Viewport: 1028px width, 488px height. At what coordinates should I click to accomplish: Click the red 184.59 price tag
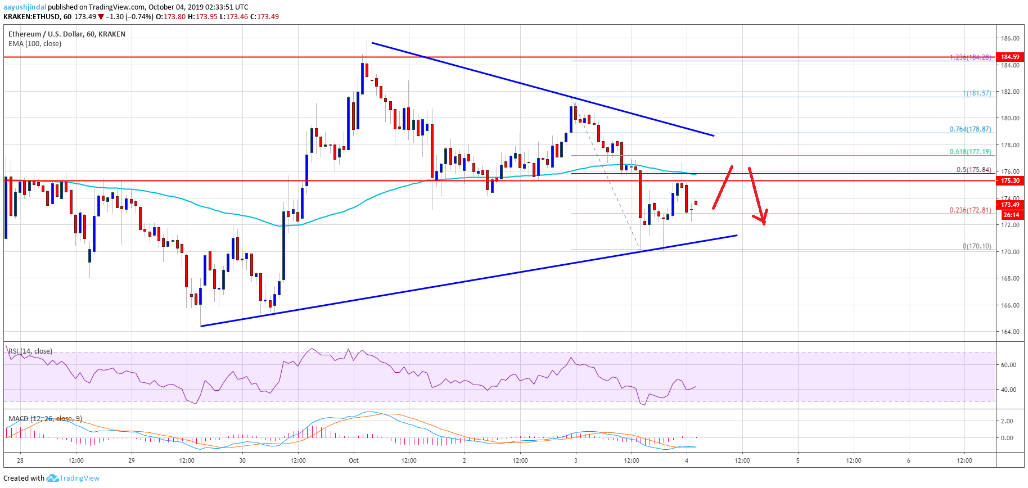click(x=1010, y=57)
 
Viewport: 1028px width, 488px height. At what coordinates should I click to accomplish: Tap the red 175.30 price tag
click(x=1010, y=180)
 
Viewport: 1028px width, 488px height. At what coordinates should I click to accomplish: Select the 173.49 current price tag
click(x=1010, y=205)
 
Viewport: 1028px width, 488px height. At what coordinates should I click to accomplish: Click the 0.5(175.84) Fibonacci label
click(x=973, y=170)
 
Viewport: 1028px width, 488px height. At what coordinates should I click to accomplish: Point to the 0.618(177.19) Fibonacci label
click(x=970, y=152)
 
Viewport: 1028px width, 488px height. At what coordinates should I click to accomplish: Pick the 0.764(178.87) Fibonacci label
click(x=970, y=129)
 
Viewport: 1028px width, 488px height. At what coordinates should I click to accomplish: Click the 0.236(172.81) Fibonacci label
click(x=970, y=210)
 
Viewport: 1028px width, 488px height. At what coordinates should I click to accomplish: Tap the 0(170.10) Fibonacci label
click(x=977, y=246)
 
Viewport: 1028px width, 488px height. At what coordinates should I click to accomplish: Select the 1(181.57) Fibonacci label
click(x=977, y=93)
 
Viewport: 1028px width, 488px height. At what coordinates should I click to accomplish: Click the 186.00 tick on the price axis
click(x=1010, y=38)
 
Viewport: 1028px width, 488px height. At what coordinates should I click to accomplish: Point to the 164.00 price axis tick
click(x=1010, y=332)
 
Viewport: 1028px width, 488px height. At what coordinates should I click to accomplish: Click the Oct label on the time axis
click(x=353, y=460)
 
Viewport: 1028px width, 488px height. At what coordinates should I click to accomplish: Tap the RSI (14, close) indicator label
click(x=30, y=351)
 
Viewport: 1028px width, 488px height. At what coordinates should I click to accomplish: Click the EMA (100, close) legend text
click(x=35, y=44)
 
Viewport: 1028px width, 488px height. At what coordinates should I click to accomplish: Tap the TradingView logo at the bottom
click(x=73, y=478)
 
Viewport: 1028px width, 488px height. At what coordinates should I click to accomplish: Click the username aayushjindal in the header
click(x=25, y=7)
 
